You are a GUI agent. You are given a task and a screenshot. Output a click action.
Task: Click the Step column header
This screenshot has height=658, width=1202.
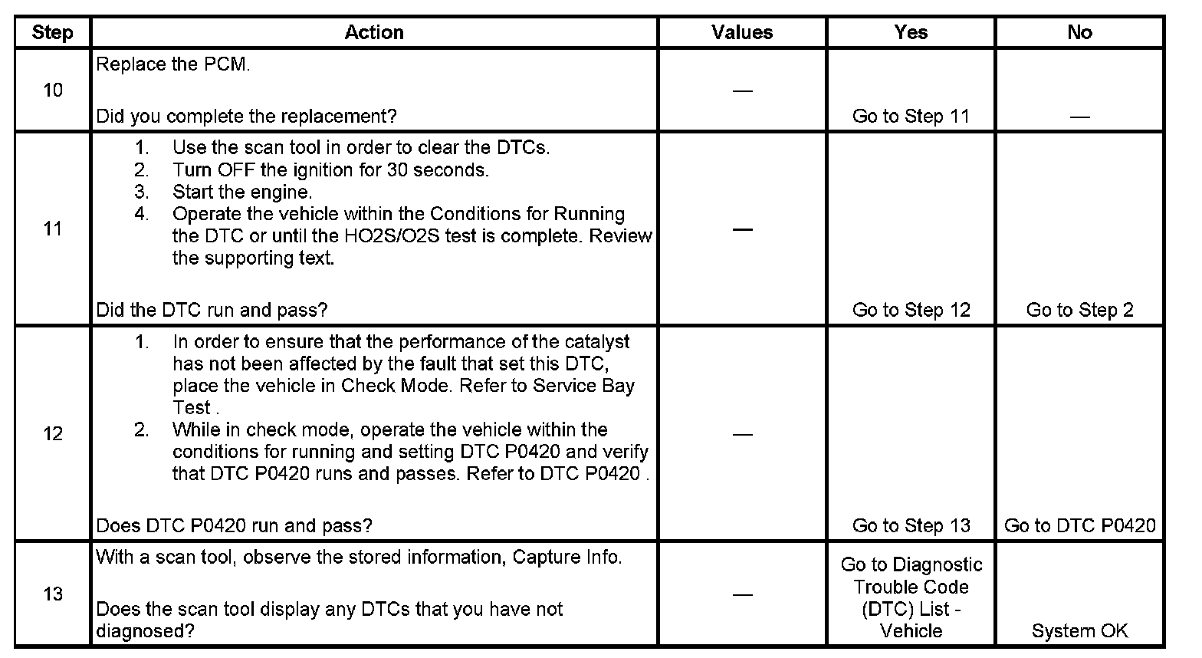click(x=52, y=32)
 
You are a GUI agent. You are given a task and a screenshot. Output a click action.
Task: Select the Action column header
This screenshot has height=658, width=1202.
click(x=374, y=32)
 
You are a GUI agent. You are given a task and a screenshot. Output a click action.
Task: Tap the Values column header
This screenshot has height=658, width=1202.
click(x=742, y=32)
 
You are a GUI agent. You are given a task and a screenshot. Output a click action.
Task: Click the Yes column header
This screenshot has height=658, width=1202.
click(x=911, y=32)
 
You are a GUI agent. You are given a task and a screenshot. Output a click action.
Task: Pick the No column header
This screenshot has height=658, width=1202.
click(x=1079, y=32)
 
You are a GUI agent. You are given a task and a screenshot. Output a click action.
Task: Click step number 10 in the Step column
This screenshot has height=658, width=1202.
click(x=53, y=90)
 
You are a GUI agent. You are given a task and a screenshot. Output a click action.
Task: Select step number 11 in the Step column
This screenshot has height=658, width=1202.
click(x=53, y=229)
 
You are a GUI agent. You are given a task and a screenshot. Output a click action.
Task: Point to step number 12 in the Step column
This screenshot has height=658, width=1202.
click(x=53, y=434)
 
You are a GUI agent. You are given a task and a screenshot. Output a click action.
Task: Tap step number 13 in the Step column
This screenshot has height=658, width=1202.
click(x=53, y=594)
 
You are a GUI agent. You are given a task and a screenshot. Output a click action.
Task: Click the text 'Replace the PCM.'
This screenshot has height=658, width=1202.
click(x=173, y=64)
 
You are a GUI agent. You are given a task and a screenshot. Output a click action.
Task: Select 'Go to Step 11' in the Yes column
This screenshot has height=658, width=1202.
click(x=911, y=117)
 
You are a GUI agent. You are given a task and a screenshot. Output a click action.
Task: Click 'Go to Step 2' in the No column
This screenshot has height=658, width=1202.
click(x=1079, y=310)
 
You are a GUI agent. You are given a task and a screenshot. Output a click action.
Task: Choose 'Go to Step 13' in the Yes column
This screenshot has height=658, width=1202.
click(x=911, y=525)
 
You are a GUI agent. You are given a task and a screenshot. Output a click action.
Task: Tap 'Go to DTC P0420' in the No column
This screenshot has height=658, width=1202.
click(x=1079, y=525)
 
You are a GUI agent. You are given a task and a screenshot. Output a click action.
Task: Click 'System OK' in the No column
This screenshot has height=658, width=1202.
click(x=1079, y=631)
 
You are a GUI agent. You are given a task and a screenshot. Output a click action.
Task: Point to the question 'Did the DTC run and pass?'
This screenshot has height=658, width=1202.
click(x=212, y=310)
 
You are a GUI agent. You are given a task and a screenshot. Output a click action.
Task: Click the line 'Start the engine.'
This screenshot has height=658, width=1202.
click(x=242, y=192)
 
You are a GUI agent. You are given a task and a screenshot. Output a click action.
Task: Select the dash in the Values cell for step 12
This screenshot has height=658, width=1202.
click(x=742, y=434)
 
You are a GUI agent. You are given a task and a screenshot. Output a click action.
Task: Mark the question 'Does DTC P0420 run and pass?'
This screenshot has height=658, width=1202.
click(x=234, y=525)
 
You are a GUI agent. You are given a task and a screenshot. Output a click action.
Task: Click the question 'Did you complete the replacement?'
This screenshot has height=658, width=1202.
click(x=246, y=117)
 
